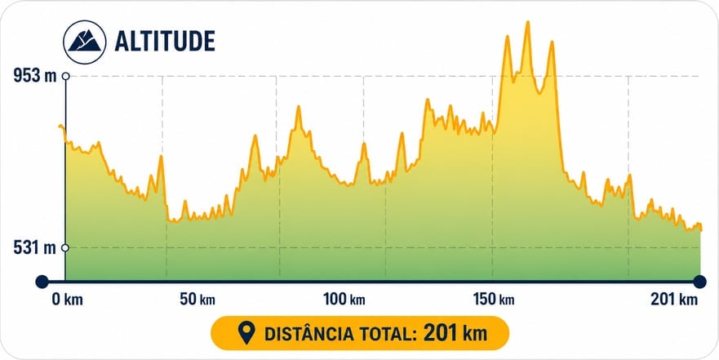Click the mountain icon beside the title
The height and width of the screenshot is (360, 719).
coord(85,42)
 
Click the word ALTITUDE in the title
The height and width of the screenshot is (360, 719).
coord(165,42)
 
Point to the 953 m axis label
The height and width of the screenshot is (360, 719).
coord(34,76)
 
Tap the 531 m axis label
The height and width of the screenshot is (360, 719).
coord(34,248)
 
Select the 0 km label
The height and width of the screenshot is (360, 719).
coord(68,300)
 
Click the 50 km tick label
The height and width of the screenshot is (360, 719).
coord(198,300)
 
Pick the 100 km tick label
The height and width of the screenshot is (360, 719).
coord(344,300)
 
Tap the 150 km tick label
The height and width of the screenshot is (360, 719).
coord(494,300)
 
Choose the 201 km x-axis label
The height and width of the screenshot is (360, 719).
coord(674,300)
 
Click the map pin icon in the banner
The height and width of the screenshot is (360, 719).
coord(247,333)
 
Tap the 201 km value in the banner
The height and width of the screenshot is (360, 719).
coord(455,333)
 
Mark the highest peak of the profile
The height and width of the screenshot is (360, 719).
coord(528,21)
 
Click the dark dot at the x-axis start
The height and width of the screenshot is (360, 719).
coord(42,282)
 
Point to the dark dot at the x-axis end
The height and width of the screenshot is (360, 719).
coord(699,282)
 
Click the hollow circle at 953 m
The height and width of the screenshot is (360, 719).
coord(65,76)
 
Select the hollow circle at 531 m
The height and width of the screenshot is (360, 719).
coord(65,248)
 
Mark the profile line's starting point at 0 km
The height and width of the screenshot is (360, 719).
coord(60,125)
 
